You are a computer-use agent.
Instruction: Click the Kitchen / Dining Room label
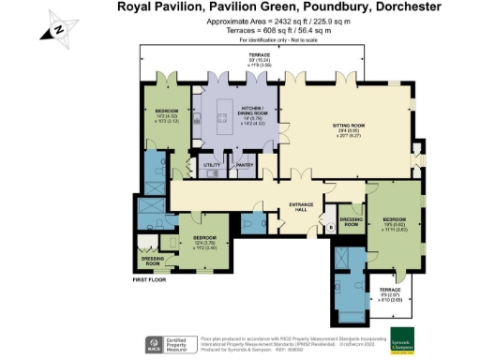(x=251, y=109)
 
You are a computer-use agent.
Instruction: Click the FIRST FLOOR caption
(x=150, y=279)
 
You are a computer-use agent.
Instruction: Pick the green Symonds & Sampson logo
(x=404, y=339)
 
